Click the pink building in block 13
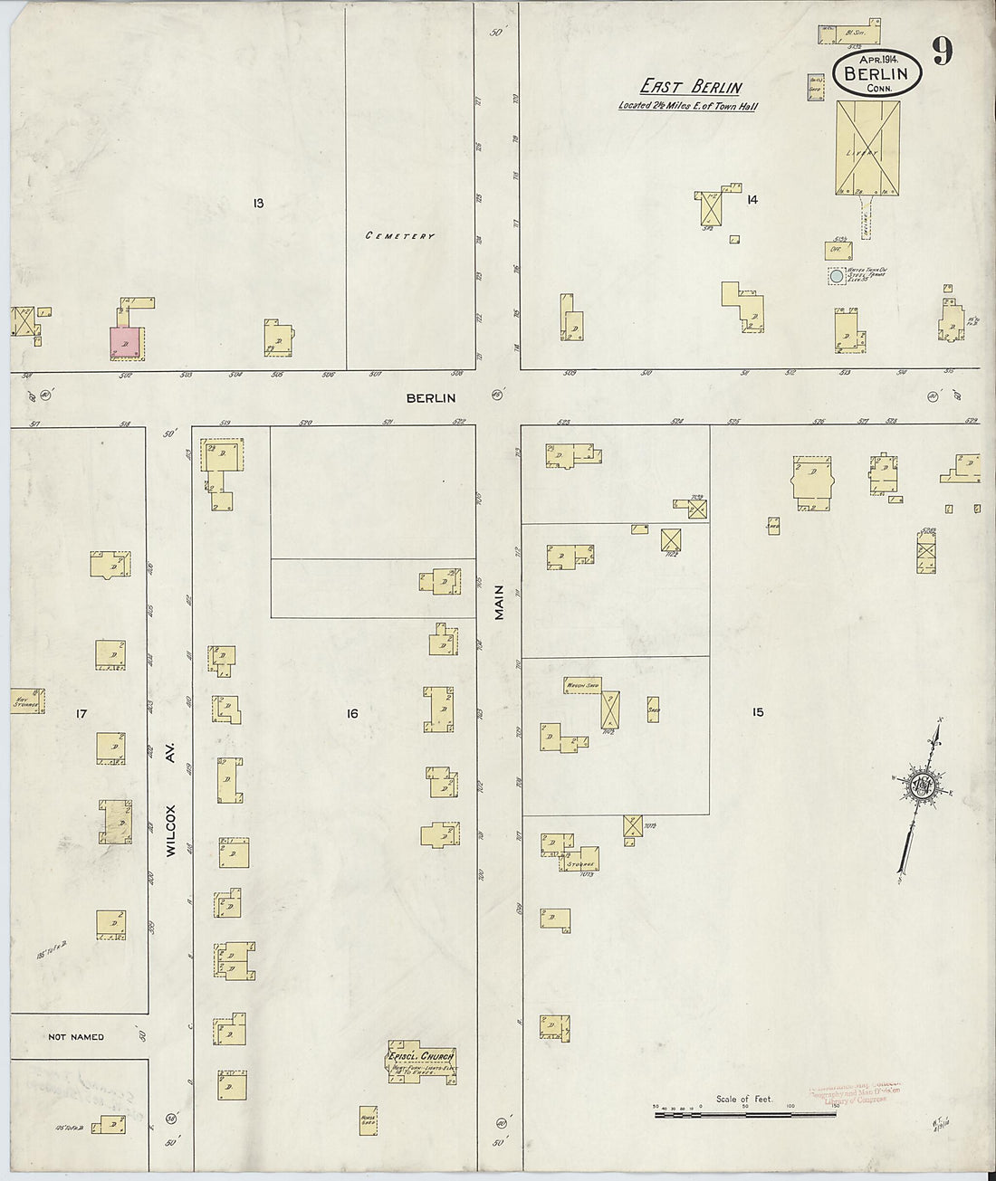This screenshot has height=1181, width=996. (126, 341)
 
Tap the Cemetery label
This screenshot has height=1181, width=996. (400, 236)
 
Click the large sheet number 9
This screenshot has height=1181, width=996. (942, 52)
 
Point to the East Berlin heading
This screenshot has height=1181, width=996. (692, 88)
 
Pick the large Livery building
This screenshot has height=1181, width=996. (867, 147)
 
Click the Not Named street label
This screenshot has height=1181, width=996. (76, 1037)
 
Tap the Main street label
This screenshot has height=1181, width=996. (499, 601)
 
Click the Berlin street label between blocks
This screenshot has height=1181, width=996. (430, 397)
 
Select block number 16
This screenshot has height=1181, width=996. (351, 714)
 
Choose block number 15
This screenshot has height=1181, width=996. (757, 712)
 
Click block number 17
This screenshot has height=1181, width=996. (81, 714)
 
